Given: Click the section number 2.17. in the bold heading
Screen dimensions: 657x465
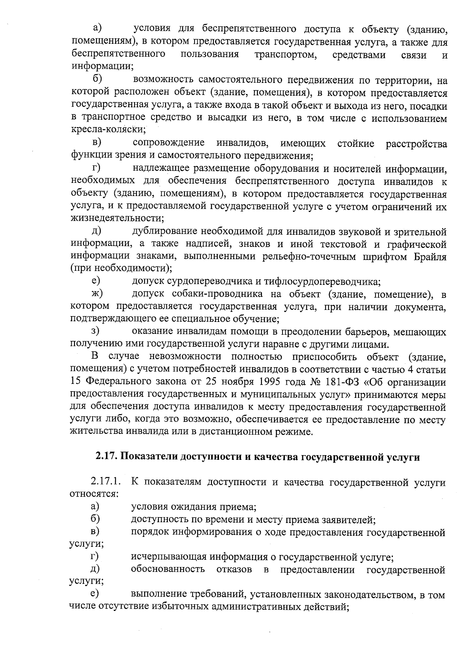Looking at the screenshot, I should point(107,457).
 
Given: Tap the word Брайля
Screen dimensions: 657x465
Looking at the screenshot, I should point(428,257).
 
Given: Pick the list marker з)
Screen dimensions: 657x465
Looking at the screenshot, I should point(95,332).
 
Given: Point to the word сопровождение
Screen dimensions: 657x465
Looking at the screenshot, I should point(169,144).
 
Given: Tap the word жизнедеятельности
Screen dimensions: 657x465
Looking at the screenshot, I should point(116,219).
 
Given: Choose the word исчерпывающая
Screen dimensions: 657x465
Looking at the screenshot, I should point(168,557).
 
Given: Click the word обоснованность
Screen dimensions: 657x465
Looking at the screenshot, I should point(168,570).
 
